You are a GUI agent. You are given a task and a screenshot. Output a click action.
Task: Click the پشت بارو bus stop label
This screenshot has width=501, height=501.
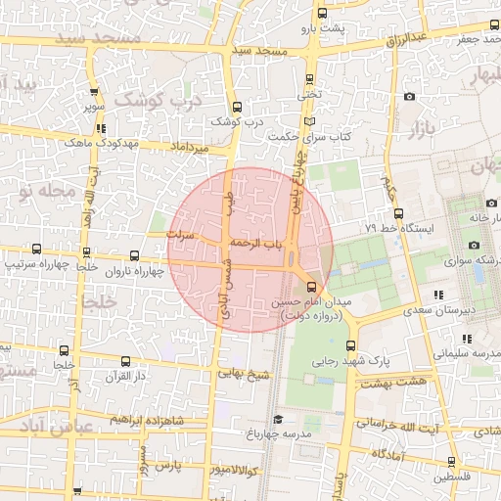(323, 28)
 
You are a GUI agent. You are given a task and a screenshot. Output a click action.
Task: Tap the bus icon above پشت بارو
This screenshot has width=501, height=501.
(322, 13)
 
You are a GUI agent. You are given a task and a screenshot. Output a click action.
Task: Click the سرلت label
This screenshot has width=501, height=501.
(182, 236)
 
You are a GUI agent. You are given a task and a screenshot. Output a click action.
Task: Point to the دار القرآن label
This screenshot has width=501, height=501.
(125, 376)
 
